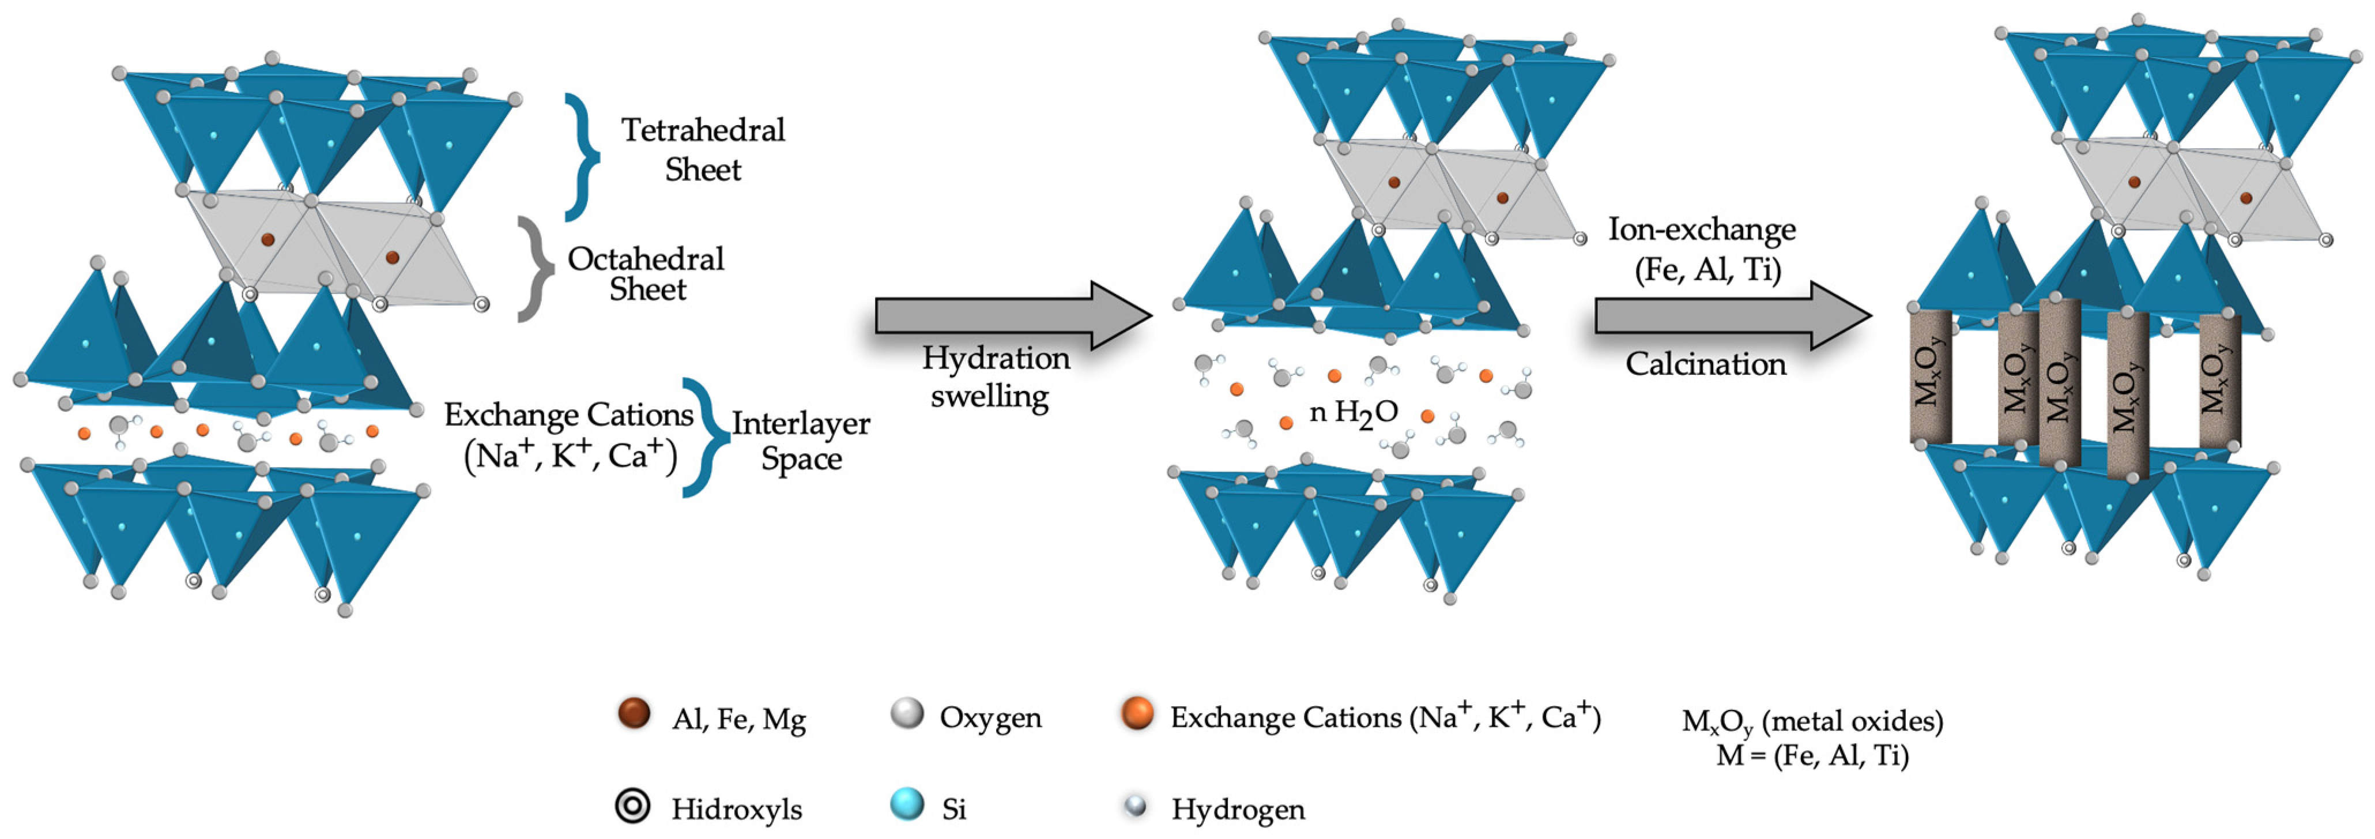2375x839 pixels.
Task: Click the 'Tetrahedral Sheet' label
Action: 703,149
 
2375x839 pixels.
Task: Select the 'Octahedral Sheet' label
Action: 646,274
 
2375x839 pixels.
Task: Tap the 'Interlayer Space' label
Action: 800,441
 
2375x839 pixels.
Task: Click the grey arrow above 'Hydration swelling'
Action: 1012,316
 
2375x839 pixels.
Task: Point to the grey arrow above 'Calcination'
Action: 1732,316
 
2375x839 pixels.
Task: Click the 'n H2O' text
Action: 1354,413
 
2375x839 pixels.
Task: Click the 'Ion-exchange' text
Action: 1702,229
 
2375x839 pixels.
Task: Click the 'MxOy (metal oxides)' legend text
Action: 1812,721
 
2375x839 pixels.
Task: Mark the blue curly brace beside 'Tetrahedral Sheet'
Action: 582,157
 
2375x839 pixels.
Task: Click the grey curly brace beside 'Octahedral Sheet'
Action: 535,269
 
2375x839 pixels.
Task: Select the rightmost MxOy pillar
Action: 2219,381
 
